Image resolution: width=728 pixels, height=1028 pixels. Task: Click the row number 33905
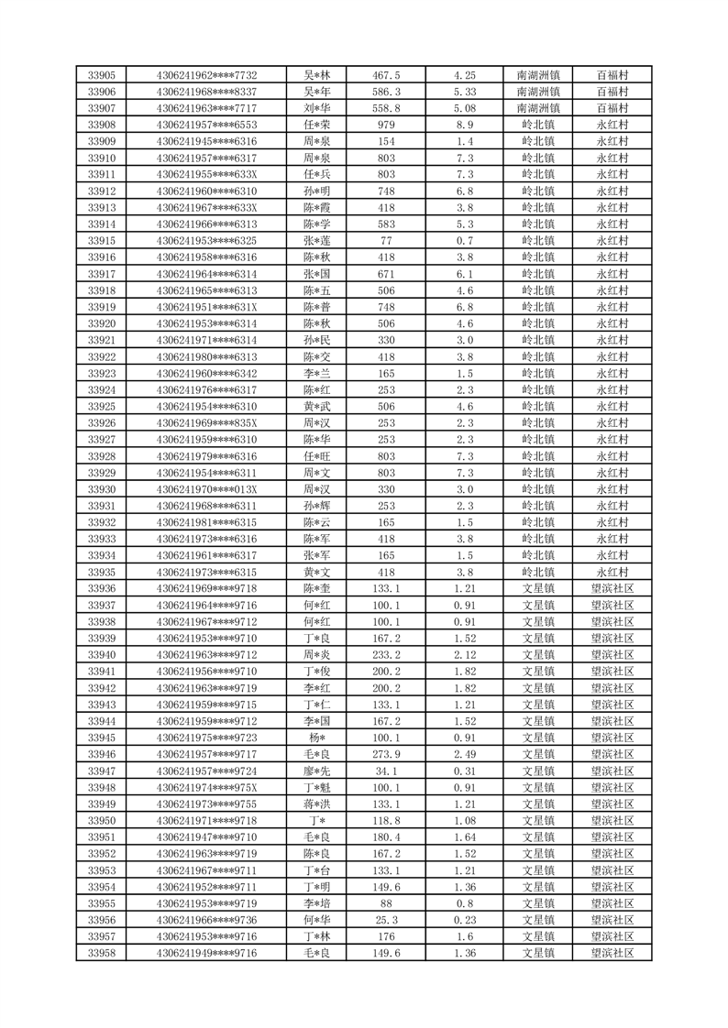102,75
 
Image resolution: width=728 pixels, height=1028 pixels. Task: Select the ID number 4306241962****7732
206,75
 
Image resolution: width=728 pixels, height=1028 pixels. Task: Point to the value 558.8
386,108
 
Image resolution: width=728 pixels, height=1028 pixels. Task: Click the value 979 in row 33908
386,125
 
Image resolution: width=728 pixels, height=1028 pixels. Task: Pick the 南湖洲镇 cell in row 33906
538,92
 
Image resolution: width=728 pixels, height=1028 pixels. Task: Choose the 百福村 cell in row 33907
612,108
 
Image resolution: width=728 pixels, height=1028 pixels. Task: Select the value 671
386,274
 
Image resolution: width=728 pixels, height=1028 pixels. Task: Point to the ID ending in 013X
206,489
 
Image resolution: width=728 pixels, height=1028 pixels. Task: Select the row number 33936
102,588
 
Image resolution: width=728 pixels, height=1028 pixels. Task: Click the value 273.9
386,754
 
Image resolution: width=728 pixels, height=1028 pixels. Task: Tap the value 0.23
465,920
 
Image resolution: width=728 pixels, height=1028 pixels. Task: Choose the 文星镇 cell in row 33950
538,821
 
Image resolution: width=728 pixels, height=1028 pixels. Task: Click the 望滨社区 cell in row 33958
612,953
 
